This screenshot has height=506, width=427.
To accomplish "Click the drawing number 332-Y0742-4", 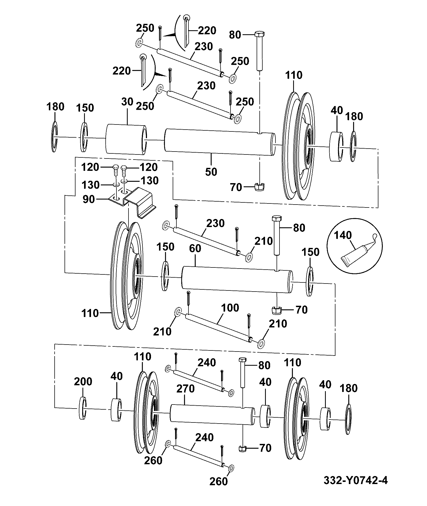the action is pos(356,480).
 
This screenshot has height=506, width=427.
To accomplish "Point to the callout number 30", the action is pos(127,102).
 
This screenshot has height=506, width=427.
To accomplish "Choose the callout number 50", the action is pos(211,172).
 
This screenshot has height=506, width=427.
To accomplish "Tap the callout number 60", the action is pos(195,248).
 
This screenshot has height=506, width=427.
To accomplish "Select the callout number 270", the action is pos(186,388).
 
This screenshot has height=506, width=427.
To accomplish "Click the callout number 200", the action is pos(83,381).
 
